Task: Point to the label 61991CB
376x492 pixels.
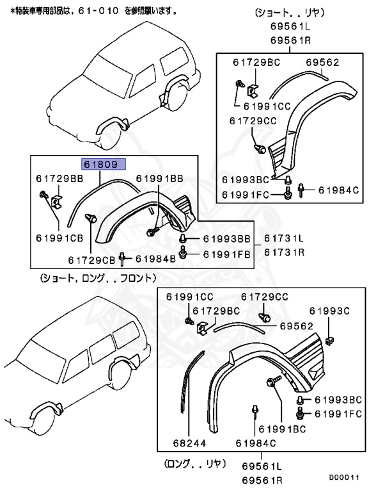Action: [x=59, y=238]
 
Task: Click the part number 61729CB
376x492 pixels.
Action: [x=91, y=259]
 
